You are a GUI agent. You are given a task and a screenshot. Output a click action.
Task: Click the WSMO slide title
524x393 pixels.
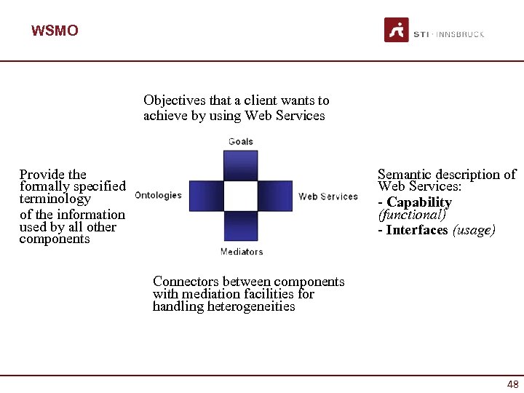pyautogui.click(x=55, y=31)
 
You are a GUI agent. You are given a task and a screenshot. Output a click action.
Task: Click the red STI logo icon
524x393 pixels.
pyautogui.click(x=397, y=30)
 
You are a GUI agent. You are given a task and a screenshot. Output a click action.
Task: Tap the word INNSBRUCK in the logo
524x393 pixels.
pyautogui.click(x=460, y=34)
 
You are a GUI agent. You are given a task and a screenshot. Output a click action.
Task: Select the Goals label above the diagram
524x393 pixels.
pyautogui.click(x=241, y=141)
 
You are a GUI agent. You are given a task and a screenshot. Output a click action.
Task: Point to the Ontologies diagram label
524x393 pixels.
pyautogui.click(x=158, y=195)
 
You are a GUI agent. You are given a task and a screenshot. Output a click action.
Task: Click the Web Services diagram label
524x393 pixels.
pyautogui.click(x=328, y=196)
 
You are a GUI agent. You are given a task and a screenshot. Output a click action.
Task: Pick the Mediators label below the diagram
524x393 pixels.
pyautogui.click(x=241, y=252)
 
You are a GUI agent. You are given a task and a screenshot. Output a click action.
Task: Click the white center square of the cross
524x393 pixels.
pyautogui.click(x=241, y=196)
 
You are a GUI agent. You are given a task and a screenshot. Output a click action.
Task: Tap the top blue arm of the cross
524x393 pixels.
pyautogui.click(x=241, y=164)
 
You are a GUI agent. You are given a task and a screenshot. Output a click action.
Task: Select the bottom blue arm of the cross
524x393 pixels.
pyautogui.click(x=241, y=226)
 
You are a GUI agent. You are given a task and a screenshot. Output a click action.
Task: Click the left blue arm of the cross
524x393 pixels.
pyautogui.click(x=206, y=196)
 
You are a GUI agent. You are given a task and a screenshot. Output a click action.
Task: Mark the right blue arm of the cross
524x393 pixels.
pyautogui.click(x=275, y=196)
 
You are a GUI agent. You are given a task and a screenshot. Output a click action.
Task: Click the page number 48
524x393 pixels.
pyautogui.click(x=512, y=384)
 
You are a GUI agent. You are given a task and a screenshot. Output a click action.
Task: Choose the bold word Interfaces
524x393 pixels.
pyautogui.click(x=417, y=230)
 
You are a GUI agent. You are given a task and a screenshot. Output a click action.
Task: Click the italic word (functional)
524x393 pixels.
pyautogui.click(x=411, y=215)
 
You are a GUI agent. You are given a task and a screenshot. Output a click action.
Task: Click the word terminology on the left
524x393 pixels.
pyautogui.click(x=55, y=199)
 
